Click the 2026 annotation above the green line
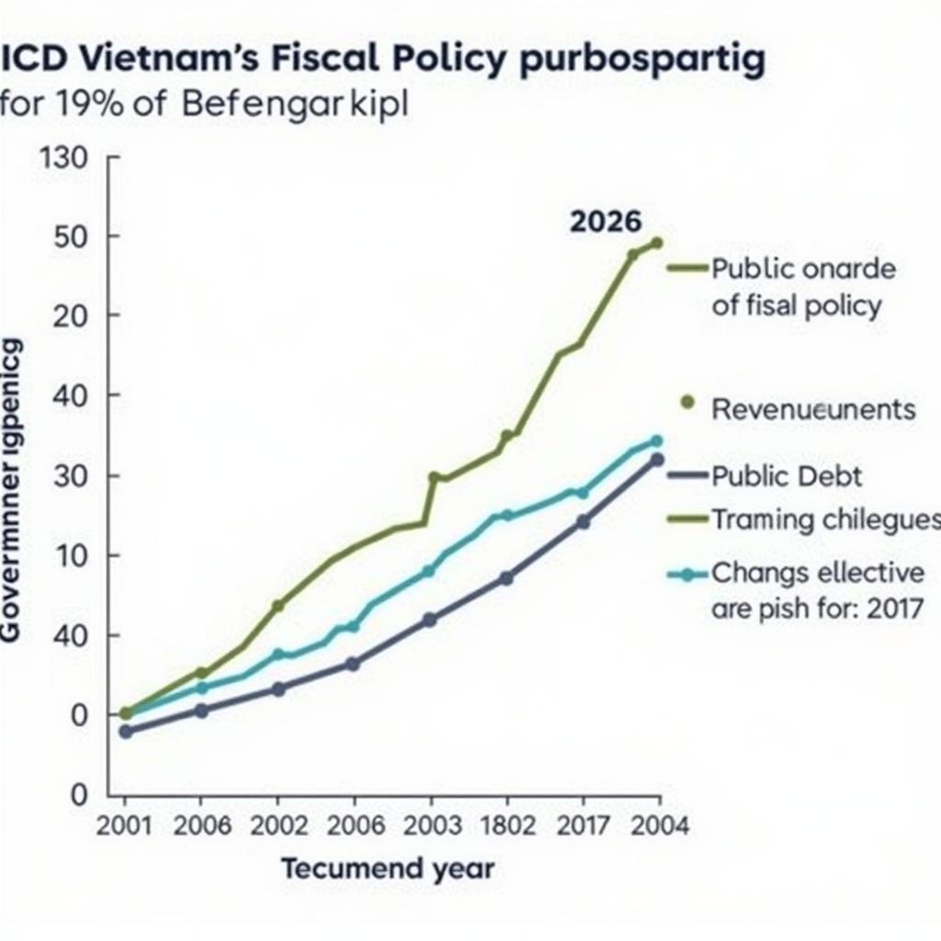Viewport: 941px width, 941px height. (x=606, y=221)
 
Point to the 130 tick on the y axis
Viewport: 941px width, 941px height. (x=65, y=159)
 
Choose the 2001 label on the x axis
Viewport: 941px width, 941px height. (x=124, y=825)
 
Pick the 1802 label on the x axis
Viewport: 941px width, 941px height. (x=506, y=825)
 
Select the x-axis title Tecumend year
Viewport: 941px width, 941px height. (x=387, y=868)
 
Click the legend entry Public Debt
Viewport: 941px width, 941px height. (x=787, y=476)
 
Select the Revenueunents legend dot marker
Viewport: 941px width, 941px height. (x=686, y=402)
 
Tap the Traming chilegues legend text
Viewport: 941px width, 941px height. (x=825, y=520)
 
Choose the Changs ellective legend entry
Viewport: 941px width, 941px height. (x=818, y=573)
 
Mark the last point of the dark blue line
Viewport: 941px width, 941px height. (x=657, y=459)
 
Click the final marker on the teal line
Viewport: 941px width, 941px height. (x=656, y=440)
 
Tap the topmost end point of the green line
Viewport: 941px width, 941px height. (x=656, y=244)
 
